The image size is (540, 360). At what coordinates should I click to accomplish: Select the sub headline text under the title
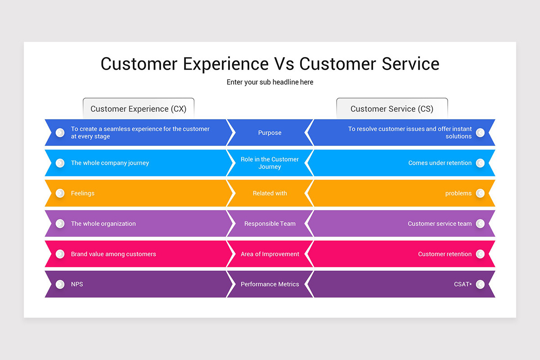coord(270,82)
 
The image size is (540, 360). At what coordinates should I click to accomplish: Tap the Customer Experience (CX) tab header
coord(138,109)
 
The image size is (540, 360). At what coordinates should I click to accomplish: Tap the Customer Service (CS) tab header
coord(391,109)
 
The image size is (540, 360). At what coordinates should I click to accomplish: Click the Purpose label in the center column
coord(270,133)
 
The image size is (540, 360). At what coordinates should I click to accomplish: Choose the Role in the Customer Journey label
coord(270,163)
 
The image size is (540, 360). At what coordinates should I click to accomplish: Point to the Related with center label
coord(270,193)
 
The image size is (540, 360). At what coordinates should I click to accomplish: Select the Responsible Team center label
coord(270,224)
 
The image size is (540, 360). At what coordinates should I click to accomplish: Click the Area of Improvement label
coord(270,254)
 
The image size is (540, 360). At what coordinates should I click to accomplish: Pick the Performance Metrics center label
coord(270,284)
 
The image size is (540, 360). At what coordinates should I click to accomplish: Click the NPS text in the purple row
coord(77,284)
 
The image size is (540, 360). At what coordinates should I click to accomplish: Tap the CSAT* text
coord(463,284)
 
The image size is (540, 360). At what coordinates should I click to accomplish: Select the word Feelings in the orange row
coord(83,193)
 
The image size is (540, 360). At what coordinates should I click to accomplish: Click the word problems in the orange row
coord(458,193)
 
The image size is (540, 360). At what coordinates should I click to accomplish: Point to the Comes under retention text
coord(440,163)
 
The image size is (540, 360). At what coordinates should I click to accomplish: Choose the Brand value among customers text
coord(113,254)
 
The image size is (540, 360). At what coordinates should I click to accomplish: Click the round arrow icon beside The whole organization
coord(60,224)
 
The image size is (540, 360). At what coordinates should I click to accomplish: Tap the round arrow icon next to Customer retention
coord(480,254)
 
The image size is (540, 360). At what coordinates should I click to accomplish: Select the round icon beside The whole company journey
coord(60,163)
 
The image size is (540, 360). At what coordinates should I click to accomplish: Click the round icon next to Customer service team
coord(480,224)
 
